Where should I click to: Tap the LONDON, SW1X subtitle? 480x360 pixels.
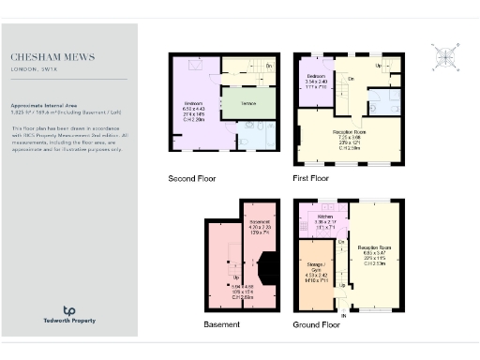point(35,68)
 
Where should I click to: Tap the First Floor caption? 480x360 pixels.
point(311,177)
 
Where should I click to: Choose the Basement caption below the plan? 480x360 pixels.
point(221,324)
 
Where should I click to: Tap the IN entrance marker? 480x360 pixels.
point(343,317)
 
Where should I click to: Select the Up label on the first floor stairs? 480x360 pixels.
point(378,66)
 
